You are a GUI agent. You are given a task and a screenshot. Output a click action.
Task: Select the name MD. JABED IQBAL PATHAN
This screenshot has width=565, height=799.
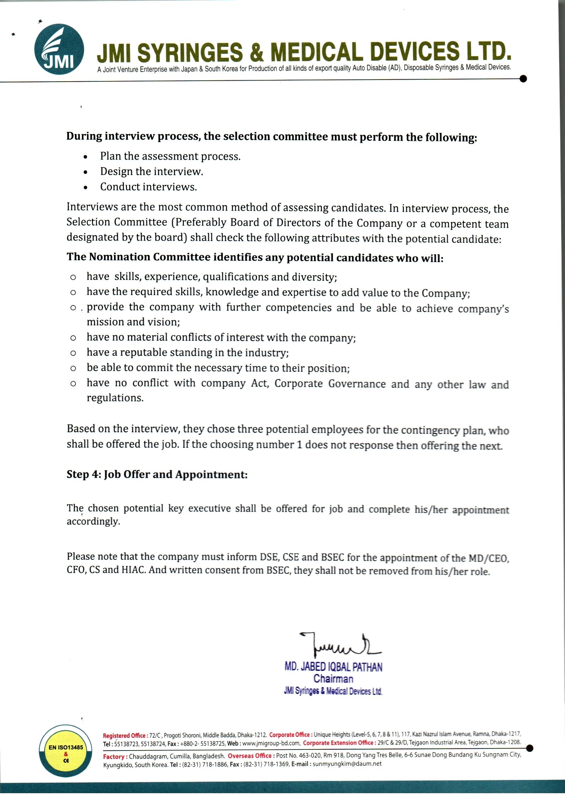(x=333, y=667)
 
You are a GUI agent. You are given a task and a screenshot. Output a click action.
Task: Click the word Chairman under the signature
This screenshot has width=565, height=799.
(x=333, y=679)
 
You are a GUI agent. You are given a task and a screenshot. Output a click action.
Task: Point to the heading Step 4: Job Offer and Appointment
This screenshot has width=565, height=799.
(x=157, y=475)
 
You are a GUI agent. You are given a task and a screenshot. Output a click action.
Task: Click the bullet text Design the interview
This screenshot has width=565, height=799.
(x=152, y=172)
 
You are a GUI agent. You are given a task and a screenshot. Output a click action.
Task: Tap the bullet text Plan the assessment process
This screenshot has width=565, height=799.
(x=170, y=156)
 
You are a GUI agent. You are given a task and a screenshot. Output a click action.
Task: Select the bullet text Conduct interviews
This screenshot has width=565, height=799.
(x=149, y=187)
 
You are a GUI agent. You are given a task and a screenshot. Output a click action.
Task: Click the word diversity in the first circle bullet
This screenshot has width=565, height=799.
(x=316, y=277)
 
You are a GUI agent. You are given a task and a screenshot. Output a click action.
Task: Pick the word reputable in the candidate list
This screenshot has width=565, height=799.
(x=144, y=353)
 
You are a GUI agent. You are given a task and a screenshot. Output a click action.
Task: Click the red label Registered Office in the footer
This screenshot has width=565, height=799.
(x=124, y=735)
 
